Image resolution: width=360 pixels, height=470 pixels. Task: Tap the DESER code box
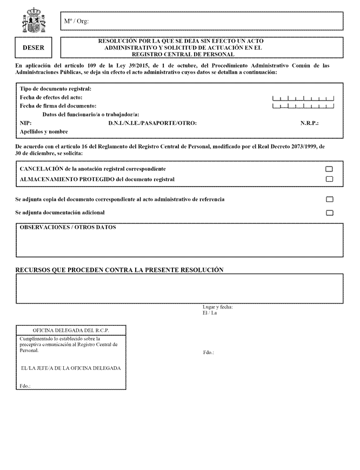[34, 48]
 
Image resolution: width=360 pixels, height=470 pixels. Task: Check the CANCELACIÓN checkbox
[329, 169]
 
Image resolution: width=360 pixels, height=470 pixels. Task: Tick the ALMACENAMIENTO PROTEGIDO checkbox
[329, 179]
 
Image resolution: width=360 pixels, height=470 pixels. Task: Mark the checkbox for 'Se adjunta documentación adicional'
[329, 213]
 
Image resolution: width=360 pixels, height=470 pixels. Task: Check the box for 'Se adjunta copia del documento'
[329, 200]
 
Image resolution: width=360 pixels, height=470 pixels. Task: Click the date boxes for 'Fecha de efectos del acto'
[303, 98]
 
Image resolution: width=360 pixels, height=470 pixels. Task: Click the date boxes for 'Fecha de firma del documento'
[303, 106]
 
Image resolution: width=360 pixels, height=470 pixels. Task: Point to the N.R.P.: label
[309, 123]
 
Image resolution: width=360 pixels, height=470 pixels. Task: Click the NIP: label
[25, 123]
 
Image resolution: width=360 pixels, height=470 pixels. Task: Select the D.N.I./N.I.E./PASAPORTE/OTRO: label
[152, 123]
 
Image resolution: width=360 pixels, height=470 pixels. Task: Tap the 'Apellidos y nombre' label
[44, 131]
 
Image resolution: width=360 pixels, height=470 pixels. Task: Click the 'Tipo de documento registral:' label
[56, 89]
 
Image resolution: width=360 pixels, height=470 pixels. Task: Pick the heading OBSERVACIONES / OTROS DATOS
[68, 228]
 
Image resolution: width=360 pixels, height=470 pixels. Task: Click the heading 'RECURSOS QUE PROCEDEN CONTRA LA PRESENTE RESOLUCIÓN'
[119, 269]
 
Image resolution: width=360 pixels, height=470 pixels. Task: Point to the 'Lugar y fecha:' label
[218, 307]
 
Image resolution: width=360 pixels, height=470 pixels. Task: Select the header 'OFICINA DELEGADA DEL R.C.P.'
[71, 330]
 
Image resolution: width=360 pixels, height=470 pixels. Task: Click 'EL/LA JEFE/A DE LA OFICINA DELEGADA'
[70, 368]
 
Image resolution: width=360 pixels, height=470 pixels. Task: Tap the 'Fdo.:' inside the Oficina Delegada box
[25, 386]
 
